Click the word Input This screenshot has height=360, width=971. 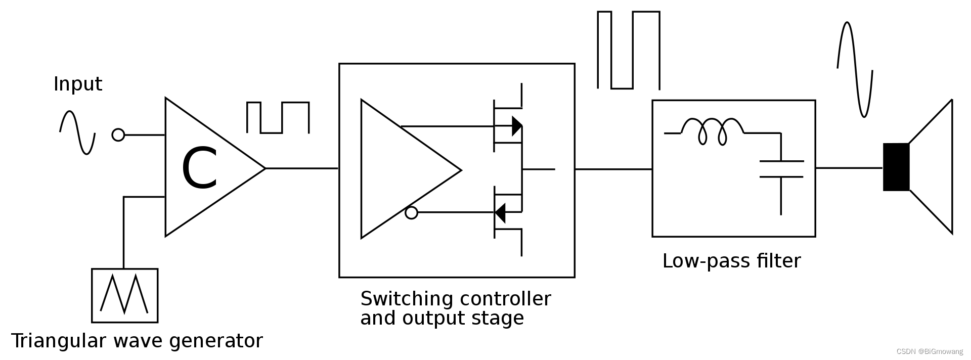[78, 84]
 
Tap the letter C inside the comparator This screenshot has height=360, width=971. [199, 169]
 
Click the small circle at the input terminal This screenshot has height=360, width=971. [118, 135]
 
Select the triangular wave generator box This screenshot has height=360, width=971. [124, 296]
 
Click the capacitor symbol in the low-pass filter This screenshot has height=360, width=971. [781, 169]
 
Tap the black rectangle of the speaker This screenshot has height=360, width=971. [896, 167]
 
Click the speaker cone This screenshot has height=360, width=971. [933, 167]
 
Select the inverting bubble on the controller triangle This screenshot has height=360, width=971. [412, 213]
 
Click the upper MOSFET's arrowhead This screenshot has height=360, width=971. [517, 126]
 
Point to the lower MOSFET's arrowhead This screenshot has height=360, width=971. [500, 213]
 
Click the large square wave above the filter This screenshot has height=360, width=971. [629, 50]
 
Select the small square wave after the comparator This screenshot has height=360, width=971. [278, 117]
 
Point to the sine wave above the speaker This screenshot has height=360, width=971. [855, 69]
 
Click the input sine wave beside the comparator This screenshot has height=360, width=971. [77, 132]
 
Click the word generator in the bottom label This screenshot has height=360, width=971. [216, 341]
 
